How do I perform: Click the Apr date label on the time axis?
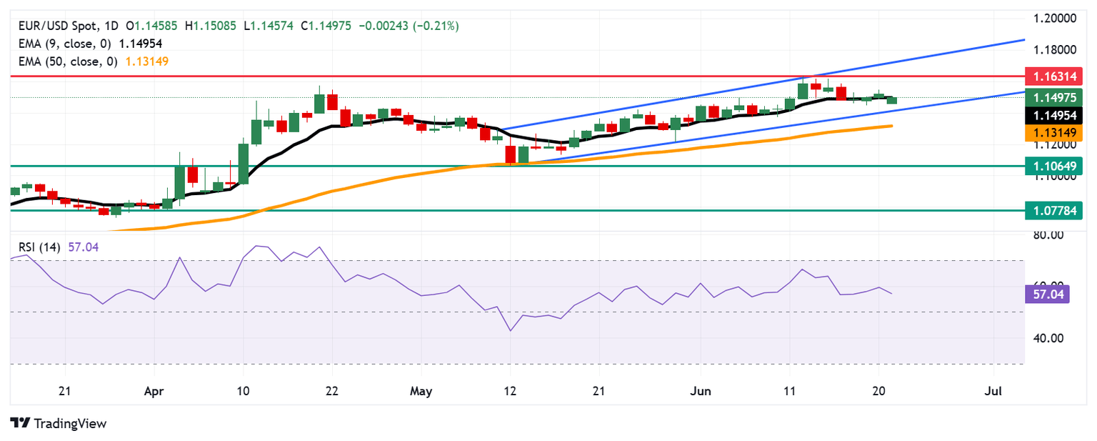pyautogui.click(x=154, y=392)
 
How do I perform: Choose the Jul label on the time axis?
pyautogui.click(x=993, y=392)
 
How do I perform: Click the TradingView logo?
pyautogui.click(x=59, y=423)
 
